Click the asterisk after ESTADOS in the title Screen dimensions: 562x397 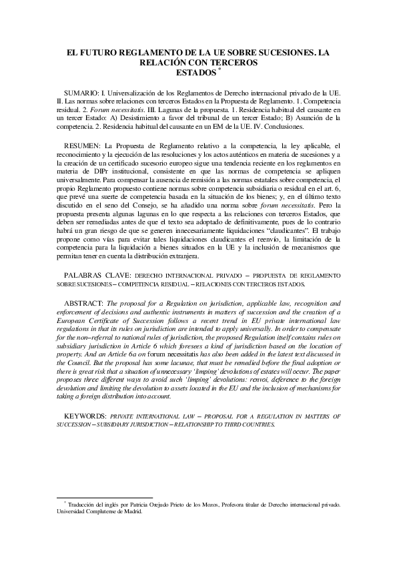(220, 69)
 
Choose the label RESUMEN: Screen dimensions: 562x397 (83, 145)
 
